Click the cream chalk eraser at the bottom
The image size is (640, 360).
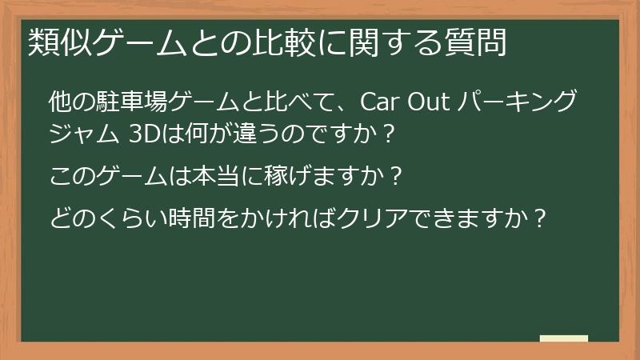click(564, 339)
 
